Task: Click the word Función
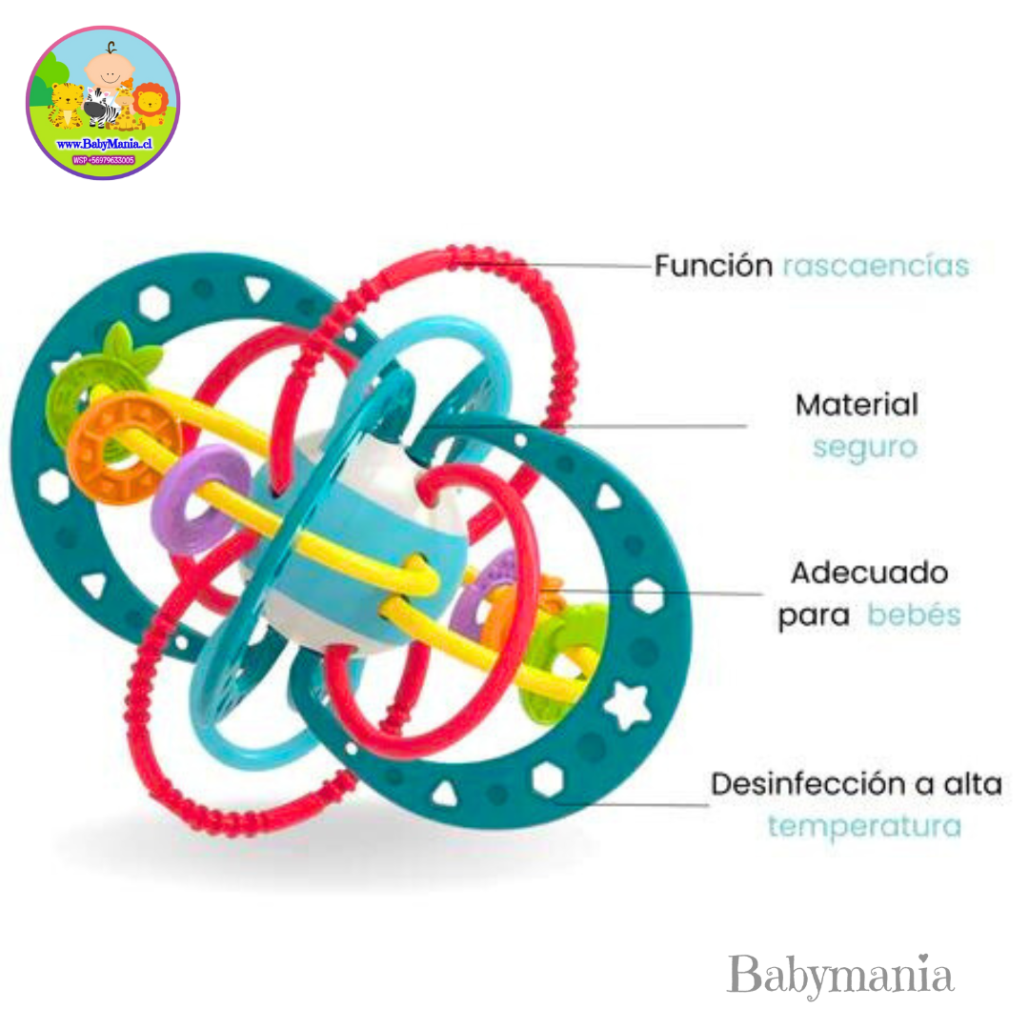click(713, 265)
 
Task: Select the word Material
click(857, 405)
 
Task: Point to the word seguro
click(864, 446)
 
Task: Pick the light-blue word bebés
click(913, 615)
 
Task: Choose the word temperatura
click(864, 825)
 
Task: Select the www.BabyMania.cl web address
click(104, 143)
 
